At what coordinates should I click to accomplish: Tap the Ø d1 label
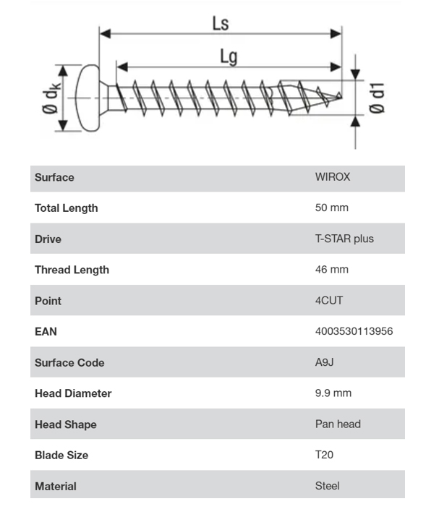[376, 98]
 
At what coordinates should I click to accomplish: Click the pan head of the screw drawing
[89, 98]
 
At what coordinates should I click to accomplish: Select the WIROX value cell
[333, 177]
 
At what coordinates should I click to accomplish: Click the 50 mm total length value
[331, 208]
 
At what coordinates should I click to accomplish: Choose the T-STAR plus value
[344, 239]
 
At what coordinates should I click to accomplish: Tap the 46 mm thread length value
[331, 270]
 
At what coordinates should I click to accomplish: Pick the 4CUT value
[329, 301]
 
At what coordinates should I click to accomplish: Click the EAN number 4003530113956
[354, 332]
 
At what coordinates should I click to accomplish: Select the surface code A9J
[323, 363]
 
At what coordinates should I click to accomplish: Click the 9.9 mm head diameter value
[333, 393]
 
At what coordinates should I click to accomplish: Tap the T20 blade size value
[324, 456]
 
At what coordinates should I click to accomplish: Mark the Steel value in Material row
[327, 486]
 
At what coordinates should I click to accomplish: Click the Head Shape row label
[65, 424]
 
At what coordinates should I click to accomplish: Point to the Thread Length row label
[72, 270]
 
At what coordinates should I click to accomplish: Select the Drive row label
[48, 239]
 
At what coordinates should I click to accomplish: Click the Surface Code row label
[69, 363]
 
